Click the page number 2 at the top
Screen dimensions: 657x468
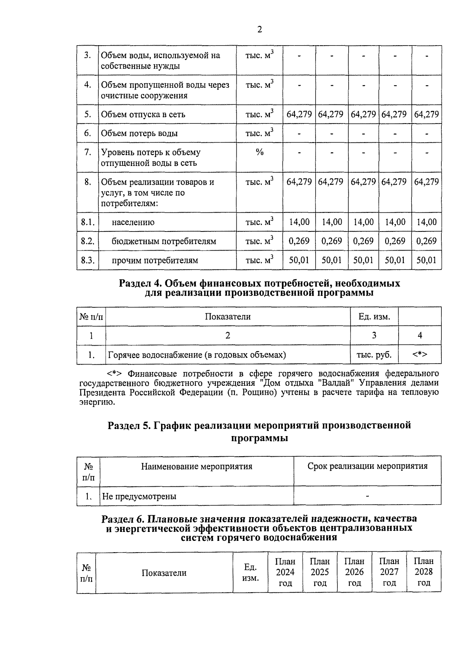(x=260, y=30)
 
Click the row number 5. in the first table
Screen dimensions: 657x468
(x=87, y=114)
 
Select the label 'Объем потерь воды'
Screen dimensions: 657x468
(x=139, y=133)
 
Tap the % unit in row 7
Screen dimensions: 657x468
(x=259, y=152)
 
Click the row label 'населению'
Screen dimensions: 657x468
(x=133, y=222)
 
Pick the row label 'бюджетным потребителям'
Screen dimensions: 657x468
(x=164, y=241)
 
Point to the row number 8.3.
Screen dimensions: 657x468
(x=87, y=260)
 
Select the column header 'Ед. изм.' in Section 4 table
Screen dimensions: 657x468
(x=374, y=316)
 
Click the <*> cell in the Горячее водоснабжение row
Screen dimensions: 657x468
(x=420, y=355)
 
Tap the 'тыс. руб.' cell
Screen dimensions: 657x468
(x=374, y=355)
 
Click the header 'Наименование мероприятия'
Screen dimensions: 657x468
(x=197, y=466)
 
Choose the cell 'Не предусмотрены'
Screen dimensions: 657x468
(x=139, y=496)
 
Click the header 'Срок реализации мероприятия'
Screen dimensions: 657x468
(x=367, y=466)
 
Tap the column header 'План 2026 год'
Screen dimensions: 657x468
(x=355, y=572)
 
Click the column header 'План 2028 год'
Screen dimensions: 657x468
(x=424, y=572)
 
